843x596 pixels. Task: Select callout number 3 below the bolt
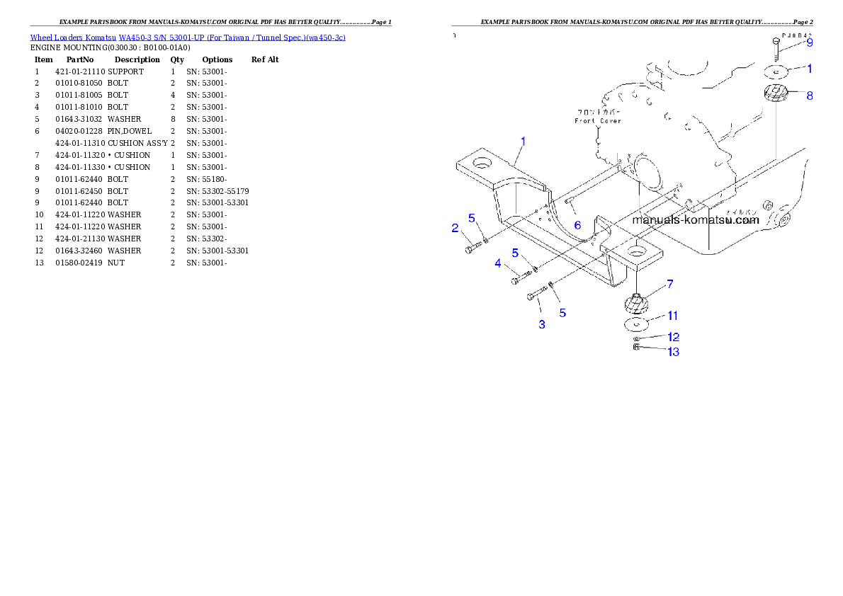click(x=542, y=324)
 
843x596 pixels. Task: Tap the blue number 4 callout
click(x=498, y=263)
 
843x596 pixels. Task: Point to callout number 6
click(x=577, y=224)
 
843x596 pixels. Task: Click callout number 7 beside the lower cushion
click(x=669, y=283)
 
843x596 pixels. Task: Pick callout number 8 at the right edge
click(x=809, y=96)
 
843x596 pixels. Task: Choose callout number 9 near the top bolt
click(x=809, y=42)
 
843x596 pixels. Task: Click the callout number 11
click(x=672, y=316)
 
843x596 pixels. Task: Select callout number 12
click(x=673, y=337)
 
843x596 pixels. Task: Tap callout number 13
click(x=673, y=352)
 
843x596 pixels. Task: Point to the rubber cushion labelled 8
click(x=777, y=93)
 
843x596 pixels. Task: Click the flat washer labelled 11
click(x=638, y=324)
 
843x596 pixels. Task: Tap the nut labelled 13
click(x=636, y=347)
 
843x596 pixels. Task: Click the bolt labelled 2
click(x=473, y=248)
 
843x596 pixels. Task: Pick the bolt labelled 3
click(x=536, y=294)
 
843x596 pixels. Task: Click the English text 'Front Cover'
click(x=597, y=121)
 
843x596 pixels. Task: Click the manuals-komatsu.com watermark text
click(x=695, y=219)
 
